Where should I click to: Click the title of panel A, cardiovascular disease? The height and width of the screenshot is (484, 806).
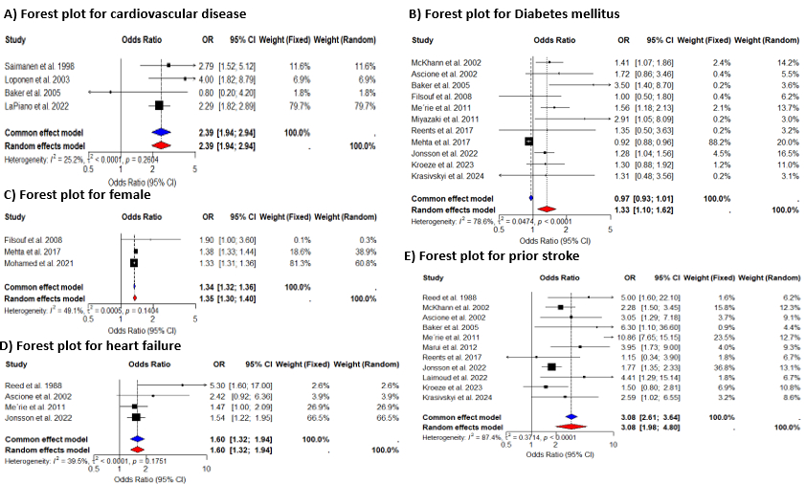(123, 14)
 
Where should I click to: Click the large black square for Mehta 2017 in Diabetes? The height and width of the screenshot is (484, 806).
(527, 142)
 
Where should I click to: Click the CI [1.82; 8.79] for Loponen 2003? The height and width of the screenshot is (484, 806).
(235, 77)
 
